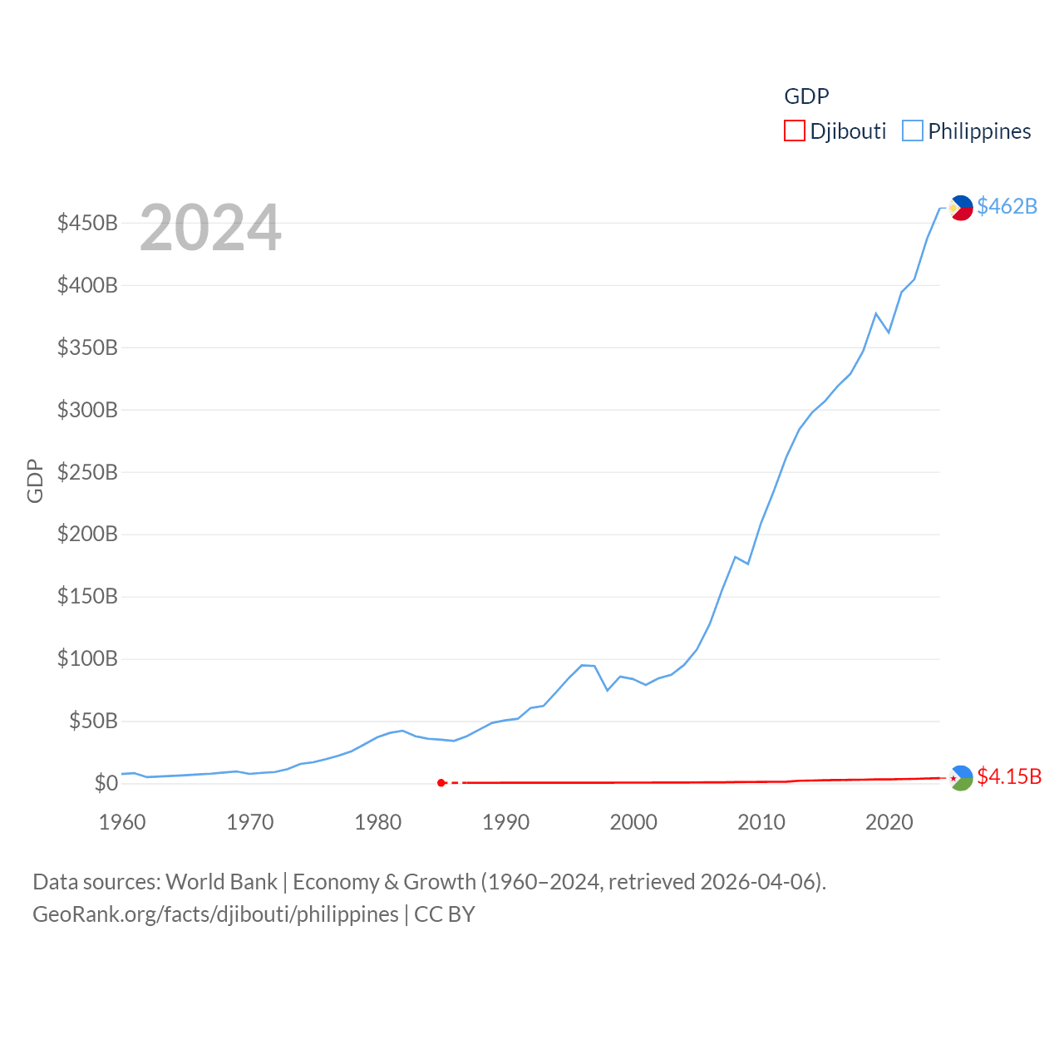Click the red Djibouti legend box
tap(795, 131)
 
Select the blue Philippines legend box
tap(913, 131)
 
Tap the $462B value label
tap(1007, 206)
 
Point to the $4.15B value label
tap(1009, 776)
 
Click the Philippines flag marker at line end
tap(961, 208)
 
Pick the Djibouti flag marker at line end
tap(961, 778)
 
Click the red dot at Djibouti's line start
tap(441, 783)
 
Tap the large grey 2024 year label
tap(210, 228)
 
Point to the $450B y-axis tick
tap(87, 223)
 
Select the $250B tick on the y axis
tap(87, 472)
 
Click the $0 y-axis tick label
tap(106, 783)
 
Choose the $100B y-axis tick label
tap(87, 659)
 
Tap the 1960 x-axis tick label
tap(122, 822)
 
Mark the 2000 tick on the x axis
tap(633, 822)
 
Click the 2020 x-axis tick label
tap(889, 822)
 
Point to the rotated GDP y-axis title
tap(35, 480)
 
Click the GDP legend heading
tap(806, 96)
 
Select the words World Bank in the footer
tap(221, 882)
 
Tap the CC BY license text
tap(445, 914)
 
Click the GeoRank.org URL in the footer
tap(215, 914)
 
